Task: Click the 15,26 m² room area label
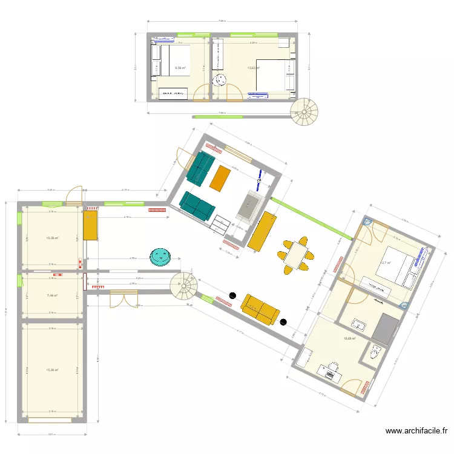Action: tap(52, 369)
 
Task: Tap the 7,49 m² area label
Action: tap(52, 295)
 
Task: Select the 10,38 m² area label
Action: tap(52, 238)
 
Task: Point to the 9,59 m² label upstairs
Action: tap(180, 68)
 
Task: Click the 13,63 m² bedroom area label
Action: tap(253, 68)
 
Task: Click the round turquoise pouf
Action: tap(160, 256)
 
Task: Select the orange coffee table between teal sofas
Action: tap(220, 176)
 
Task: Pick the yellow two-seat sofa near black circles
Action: tap(260, 309)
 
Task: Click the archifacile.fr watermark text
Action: tap(416, 432)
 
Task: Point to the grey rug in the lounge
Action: tap(248, 205)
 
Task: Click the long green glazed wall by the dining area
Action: tap(306, 217)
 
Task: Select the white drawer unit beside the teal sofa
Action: tap(220, 225)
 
